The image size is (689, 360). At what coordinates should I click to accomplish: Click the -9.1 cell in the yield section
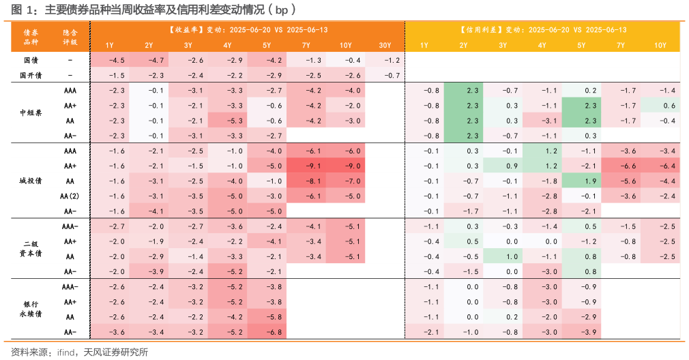(x=306, y=166)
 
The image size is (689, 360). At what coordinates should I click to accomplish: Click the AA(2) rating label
(x=70, y=196)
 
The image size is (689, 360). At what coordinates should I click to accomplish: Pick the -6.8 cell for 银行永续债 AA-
(x=267, y=332)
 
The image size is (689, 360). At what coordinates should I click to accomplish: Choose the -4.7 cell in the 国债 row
(x=149, y=60)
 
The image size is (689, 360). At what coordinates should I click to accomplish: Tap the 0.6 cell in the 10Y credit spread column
(x=660, y=105)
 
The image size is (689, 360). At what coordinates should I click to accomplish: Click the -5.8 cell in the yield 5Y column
(x=267, y=317)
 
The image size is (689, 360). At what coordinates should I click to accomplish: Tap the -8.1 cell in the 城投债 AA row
(x=306, y=181)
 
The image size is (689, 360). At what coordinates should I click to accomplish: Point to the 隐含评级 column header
(x=70, y=37)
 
